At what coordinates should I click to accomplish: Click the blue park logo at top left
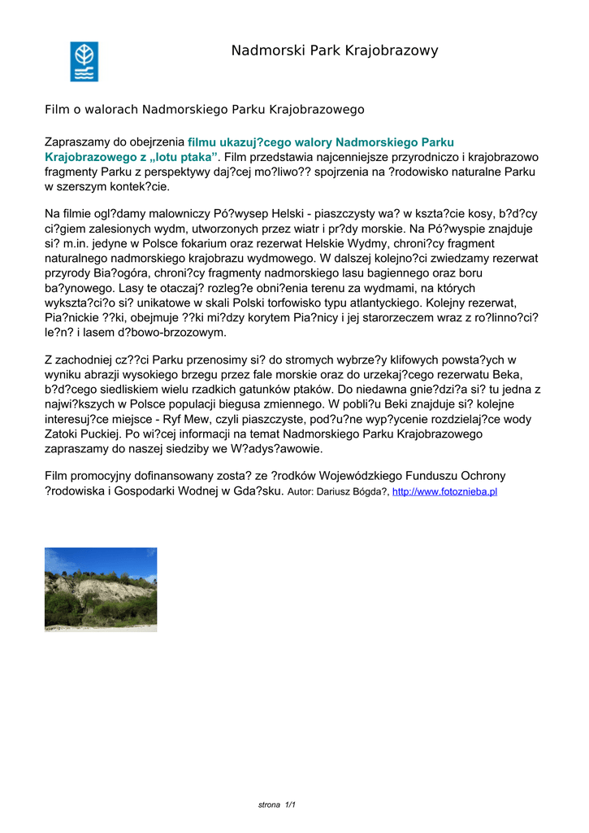84,61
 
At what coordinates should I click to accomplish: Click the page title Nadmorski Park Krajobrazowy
334,51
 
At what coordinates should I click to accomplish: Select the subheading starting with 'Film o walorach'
204,108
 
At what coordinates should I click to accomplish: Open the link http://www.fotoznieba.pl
444,491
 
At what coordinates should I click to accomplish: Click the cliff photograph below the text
101,589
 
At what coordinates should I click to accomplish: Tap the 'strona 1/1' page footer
276,805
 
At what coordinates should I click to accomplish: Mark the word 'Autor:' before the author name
304,491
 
